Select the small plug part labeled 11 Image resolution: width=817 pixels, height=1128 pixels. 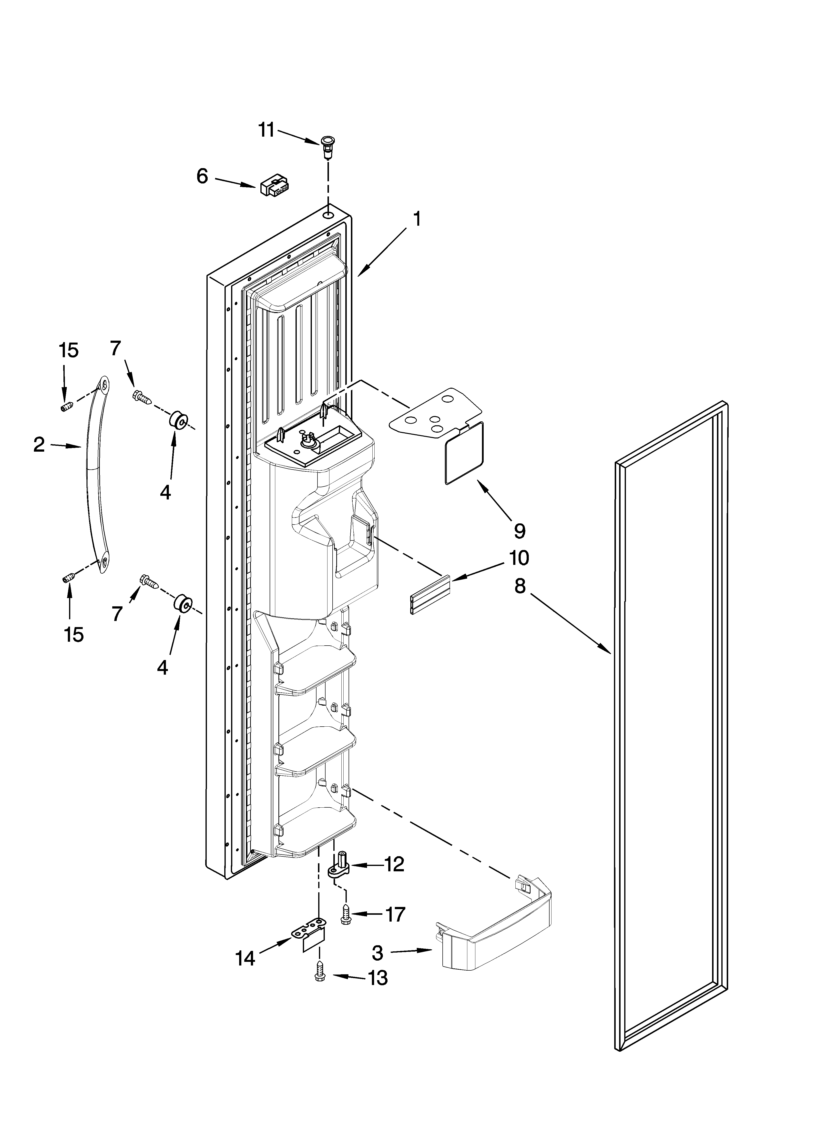327,146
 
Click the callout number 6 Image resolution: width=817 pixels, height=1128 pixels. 202,176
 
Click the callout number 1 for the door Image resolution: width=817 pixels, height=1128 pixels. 417,219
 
